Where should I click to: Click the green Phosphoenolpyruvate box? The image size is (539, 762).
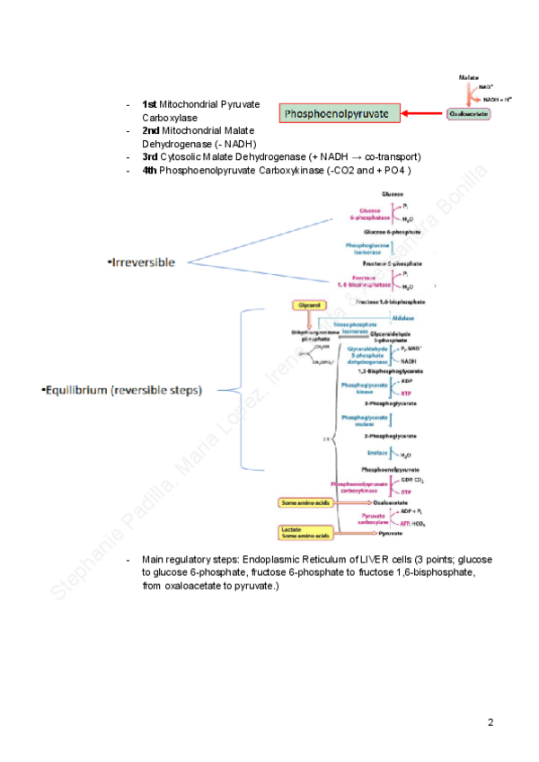pos(341,114)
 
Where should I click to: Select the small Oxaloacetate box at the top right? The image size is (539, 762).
pos(469,114)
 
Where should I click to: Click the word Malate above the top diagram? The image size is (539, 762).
pos(469,79)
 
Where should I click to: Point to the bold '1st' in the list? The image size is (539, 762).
pos(150,105)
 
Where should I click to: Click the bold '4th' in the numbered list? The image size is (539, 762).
pos(150,170)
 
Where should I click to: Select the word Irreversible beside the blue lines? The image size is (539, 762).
pos(142,262)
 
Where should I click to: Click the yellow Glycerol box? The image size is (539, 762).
pos(306,306)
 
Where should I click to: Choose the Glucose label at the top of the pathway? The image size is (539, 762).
pos(393,194)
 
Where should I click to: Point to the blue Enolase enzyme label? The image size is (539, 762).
pos(377,453)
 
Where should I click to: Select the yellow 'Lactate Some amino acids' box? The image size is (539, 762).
pos(305,533)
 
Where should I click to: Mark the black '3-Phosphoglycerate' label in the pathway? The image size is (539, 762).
pos(389,403)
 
